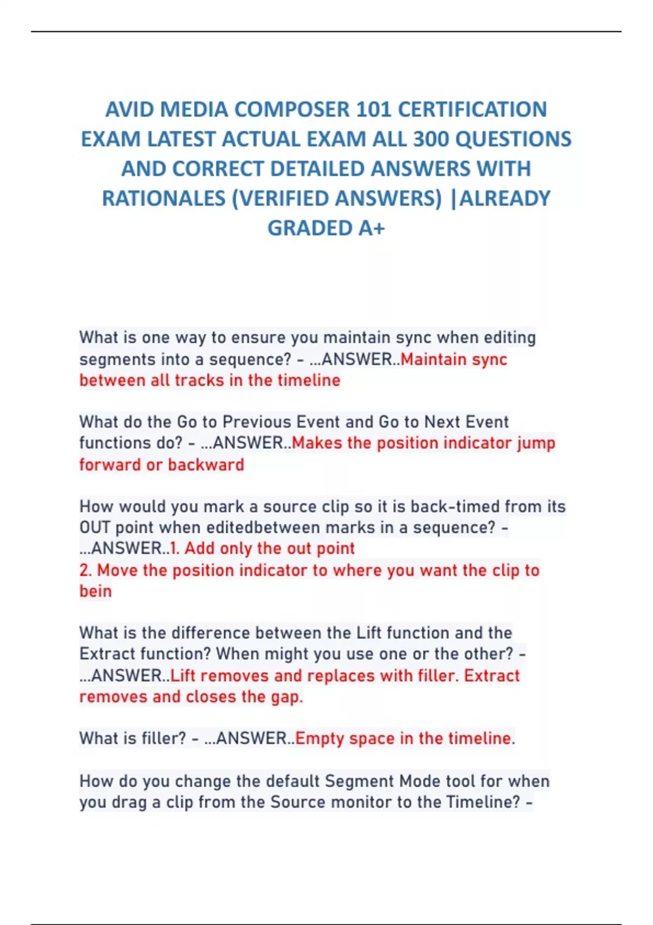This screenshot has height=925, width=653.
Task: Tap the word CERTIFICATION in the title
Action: coord(472,110)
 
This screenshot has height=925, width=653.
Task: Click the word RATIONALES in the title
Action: coord(163,199)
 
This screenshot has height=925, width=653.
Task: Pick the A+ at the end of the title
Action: coord(371,228)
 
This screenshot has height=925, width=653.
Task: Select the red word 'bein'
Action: coord(95,591)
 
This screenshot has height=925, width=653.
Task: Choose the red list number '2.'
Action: coord(85,570)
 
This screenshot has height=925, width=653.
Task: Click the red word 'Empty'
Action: coord(319,738)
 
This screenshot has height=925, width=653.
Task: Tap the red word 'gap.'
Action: coord(287,697)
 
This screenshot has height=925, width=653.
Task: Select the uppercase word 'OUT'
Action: coord(95,528)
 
